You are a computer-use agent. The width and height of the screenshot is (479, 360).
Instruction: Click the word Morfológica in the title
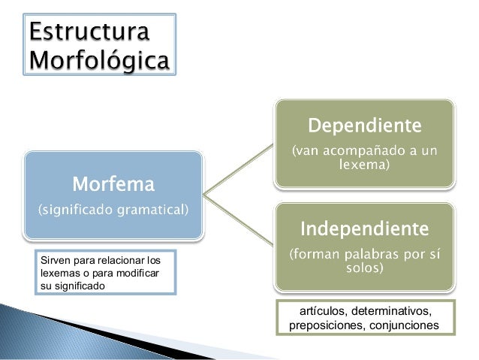coord(98,59)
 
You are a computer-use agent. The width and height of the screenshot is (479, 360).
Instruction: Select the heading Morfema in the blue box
coord(113,183)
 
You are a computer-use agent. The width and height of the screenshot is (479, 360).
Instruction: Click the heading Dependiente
coord(366,123)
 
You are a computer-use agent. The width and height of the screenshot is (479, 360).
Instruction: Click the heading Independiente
coord(366,226)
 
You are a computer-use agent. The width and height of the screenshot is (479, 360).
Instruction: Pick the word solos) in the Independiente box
coord(366,268)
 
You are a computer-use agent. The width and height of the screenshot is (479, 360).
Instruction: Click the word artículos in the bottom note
coord(321,310)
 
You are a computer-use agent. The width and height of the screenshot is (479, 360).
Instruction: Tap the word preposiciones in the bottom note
coord(324,325)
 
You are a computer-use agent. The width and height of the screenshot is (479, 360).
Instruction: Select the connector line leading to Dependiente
coord(238,169)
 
